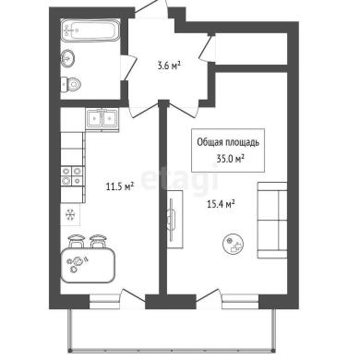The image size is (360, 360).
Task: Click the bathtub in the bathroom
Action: pyautogui.click(x=90, y=30)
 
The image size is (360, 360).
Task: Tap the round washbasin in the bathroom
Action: pyautogui.click(x=67, y=58)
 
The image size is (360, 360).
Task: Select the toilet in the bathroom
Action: pyautogui.click(x=70, y=84)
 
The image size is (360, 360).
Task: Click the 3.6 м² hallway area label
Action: pyautogui.click(x=168, y=66)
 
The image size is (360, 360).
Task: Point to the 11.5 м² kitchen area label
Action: pyautogui.click(x=120, y=186)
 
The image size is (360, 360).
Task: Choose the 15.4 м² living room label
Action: pyautogui.click(x=221, y=204)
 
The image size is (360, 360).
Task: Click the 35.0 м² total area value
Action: pyautogui.click(x=230, y=159)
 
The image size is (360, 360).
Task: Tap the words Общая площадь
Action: pyautogui.click(x=228, y=142)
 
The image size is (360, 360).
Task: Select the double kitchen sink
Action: pyautogui.click(x=102, y=119)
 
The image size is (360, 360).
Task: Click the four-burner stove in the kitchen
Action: pyautogui.click(x=72, y=175)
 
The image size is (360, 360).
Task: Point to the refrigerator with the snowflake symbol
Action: pyautogui.click(x=70, y=214)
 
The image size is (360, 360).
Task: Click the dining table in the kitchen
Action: pyautogui.click(x=88, y=265)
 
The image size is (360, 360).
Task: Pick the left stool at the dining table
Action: pyautogui.click(x=76, y=241)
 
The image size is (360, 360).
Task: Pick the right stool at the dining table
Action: pyautogui.click(x=98, y=241)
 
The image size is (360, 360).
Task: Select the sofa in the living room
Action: pyautogui.click(x=272, y=220)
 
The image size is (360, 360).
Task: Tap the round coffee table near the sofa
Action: pyautogui.click(x=233, y=244)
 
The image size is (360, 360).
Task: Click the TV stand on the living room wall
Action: pyautogui.click(x=174, y=219)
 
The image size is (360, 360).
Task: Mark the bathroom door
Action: pyautogui.click(x=127, y=68)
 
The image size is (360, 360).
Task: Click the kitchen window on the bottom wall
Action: pyautogui.click(x=104, y=301)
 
